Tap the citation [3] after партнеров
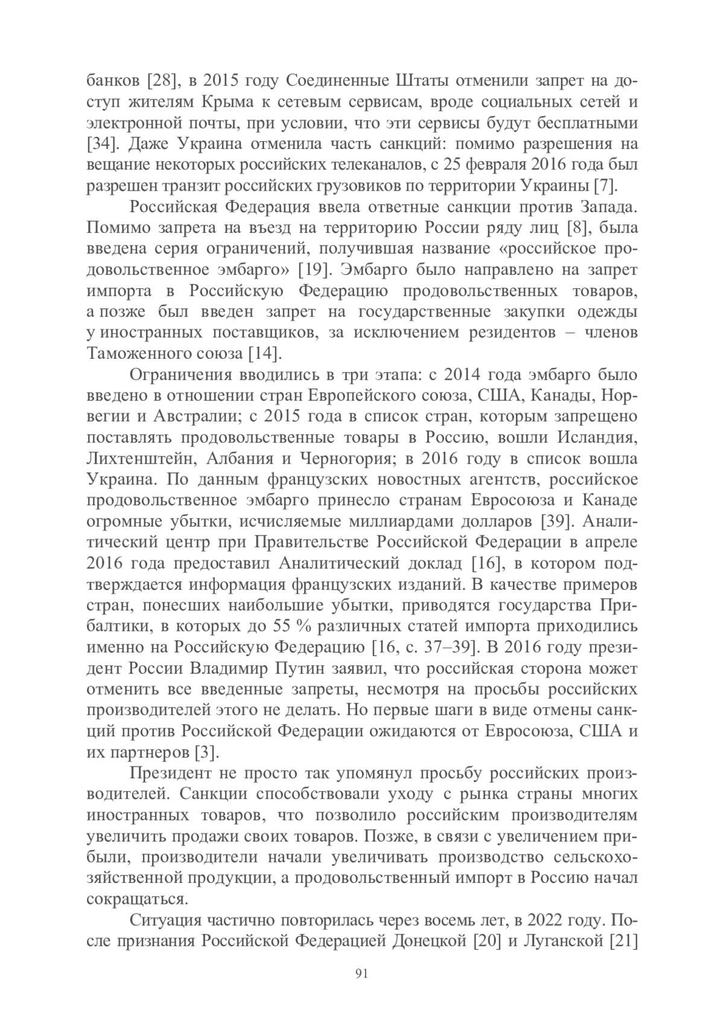(206, 752)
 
